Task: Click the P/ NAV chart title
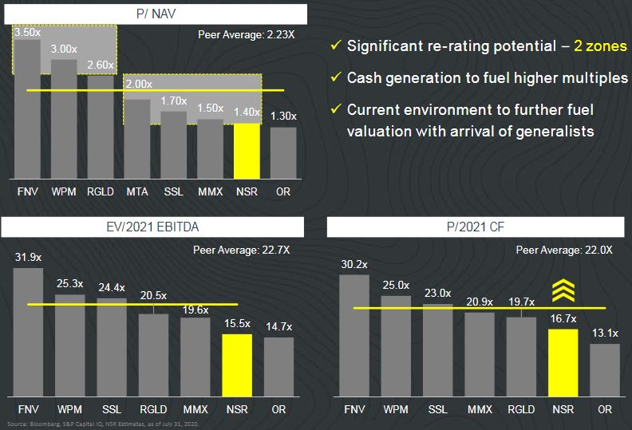click(156, 14)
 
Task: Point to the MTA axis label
click(137, 192)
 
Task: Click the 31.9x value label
click(28, 258)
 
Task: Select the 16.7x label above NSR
click(563, 319)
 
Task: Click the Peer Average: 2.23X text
click(248, 34)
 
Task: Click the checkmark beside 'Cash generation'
click(336, 78)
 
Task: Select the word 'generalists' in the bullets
click(555, 130)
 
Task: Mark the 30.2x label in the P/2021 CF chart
click(354, 264)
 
